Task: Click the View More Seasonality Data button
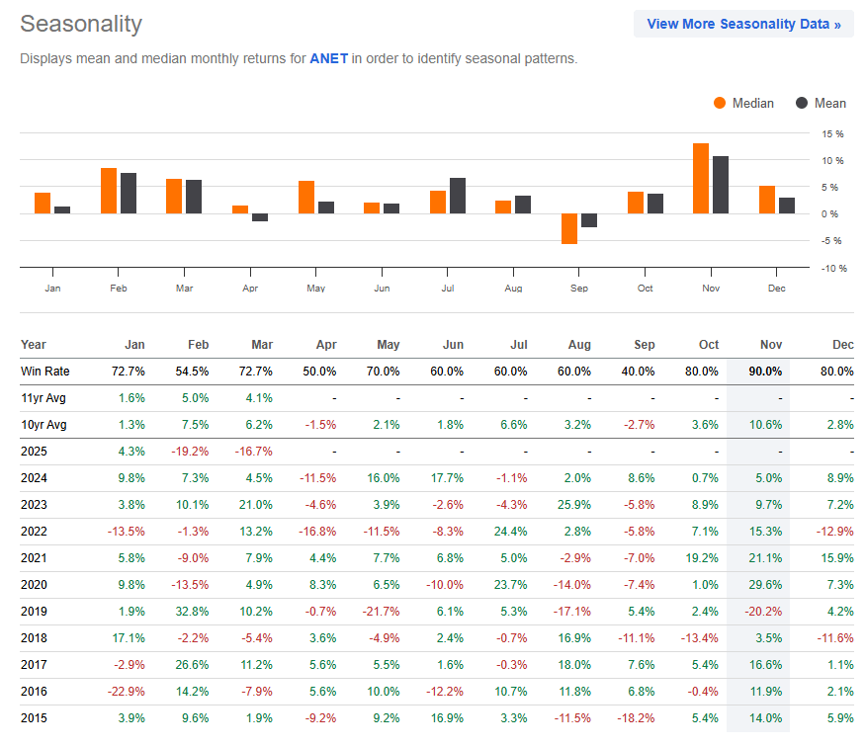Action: (743, 24)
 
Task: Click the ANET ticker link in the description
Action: (327, 58)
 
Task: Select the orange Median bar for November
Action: (700, 178)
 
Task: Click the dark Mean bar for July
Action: (457, 196)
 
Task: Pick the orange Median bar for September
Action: (568, 228)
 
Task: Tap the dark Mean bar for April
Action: (260, 217)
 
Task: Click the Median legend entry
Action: (743, 103)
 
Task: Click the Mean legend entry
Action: (822, 103)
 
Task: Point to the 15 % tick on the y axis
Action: (831, 133)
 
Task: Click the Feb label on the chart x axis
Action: (119, 288)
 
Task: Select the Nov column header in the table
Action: (770, 345)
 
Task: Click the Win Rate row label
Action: (44, 371)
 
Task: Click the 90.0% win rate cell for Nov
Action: (766, 371)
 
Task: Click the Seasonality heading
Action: (81, 24)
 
